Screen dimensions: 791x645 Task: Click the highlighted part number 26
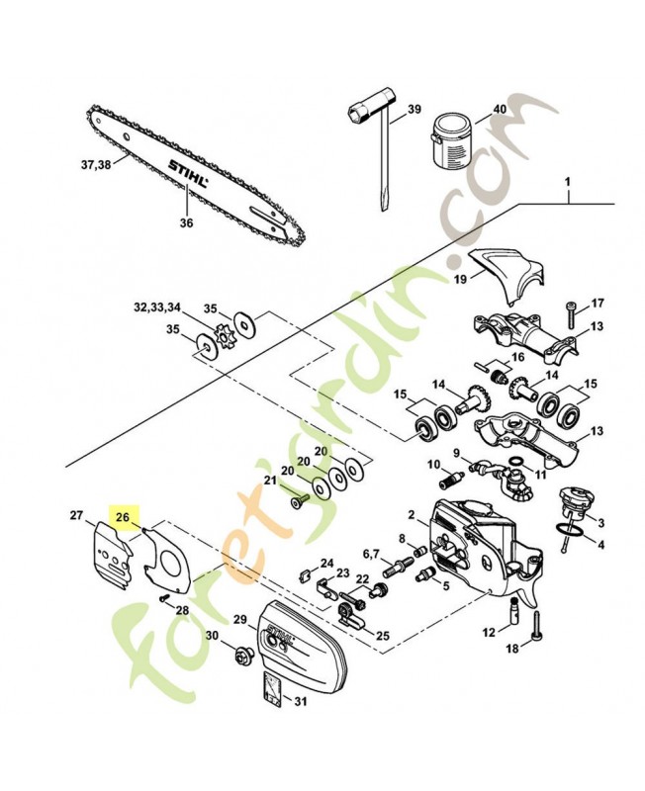tap(123, 516)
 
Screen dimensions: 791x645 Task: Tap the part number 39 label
tap(414, 110)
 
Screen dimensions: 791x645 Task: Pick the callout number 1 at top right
tap(569, 183)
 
